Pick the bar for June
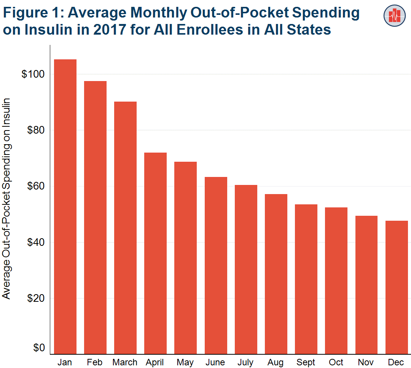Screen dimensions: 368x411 (x=216, y=265)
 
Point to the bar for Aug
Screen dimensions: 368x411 (x=276, y=274)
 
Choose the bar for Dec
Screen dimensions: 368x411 (x=397, y=287)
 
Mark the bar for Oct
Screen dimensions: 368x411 (x=336, y=280)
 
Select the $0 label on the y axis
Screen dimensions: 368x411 (x=38, y=348)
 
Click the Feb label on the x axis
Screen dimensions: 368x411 (x=94, y=362)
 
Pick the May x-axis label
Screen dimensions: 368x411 (x=185, y=363)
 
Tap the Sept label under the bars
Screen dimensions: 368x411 (x=306, y=362)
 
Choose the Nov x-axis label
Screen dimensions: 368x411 (x=366, y=362)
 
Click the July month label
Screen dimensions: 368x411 (x=245, y=363)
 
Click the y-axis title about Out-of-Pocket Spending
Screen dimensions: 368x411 (x=7, y=198)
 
